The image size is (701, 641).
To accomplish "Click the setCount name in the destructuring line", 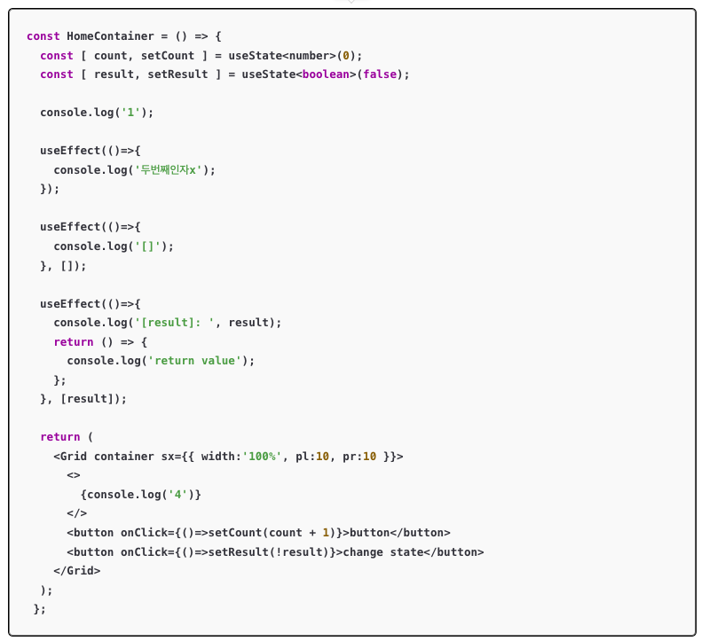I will point(167,55).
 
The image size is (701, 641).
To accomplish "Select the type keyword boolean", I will point(327,74).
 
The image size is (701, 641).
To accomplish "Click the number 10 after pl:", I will point(322,457).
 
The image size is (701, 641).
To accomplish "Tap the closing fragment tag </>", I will point(76,513).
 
